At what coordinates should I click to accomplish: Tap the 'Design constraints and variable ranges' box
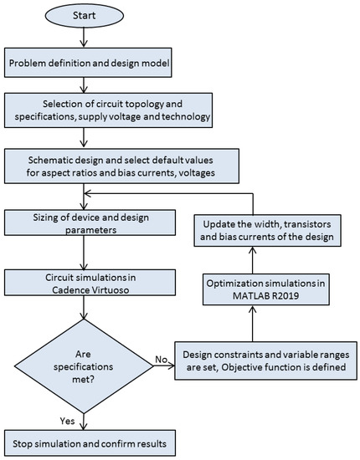(x=265, y=360)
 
